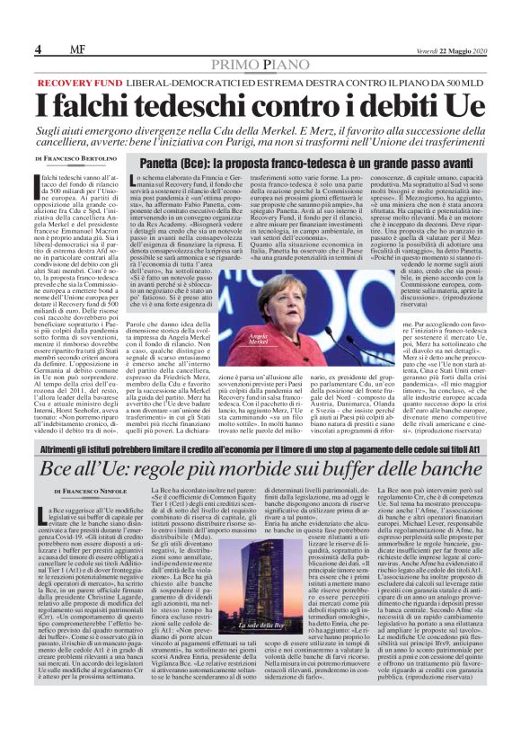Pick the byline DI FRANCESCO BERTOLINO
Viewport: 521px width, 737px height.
pos(77,159)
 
